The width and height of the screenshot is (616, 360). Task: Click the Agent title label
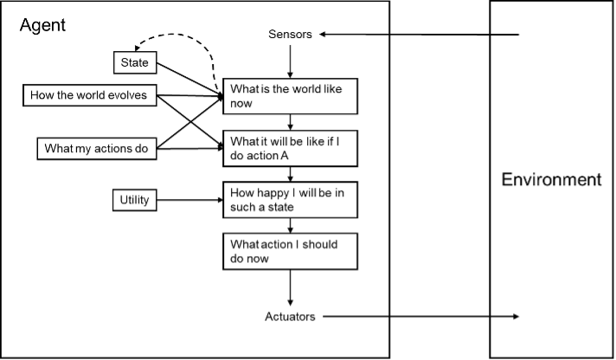click(42, 25)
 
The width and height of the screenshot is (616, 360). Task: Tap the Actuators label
click(290, 317)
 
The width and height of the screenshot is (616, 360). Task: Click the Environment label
click(552, 180)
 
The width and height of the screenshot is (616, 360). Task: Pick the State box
click(133, 62)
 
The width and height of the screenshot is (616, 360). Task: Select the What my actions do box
click(95, 149)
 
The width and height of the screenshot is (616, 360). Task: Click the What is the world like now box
click(290, 95)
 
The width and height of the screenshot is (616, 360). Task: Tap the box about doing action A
click(290, 147)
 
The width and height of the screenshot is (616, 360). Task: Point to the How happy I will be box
click(290, 200)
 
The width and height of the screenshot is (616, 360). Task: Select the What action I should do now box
click(290, 251)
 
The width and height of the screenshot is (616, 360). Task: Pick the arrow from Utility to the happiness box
click(186, 201)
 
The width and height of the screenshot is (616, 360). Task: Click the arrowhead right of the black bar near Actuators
click(516, 317)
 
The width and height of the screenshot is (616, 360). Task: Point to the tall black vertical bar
click(440, 180)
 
